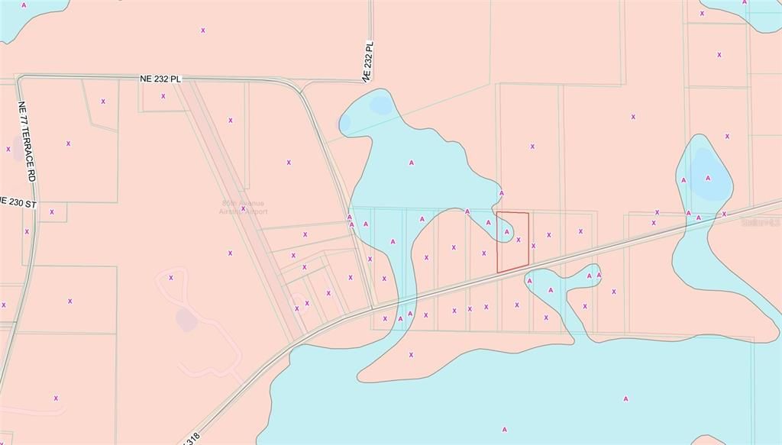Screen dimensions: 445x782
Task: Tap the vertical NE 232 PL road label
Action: click(369, 62)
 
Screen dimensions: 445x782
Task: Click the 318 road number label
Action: click(193, 440)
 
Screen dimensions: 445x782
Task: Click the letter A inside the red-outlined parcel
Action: click(506, 231)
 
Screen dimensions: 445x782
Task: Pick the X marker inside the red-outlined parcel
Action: click(519, 240)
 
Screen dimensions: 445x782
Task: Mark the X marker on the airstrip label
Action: click(244, 208)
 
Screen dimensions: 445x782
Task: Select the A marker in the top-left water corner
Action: click(24, 5)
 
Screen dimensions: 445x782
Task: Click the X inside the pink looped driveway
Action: click(171, 278)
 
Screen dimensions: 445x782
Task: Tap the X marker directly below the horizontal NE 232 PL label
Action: click(163, 96)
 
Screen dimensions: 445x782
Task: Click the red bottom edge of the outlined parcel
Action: click(512, 269)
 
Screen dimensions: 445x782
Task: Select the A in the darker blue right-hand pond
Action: click(708, 178)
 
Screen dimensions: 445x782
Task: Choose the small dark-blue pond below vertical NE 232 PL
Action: click(379, 105)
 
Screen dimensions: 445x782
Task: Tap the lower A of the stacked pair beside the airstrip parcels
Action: click(351, 225)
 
